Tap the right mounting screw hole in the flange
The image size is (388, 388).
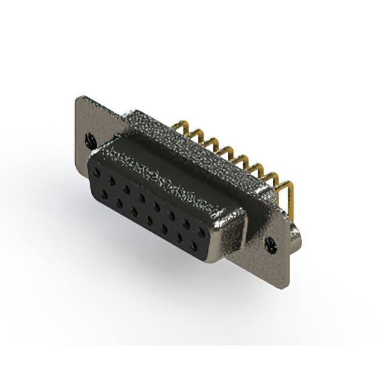pyautogui.click(x=270, y=244)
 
